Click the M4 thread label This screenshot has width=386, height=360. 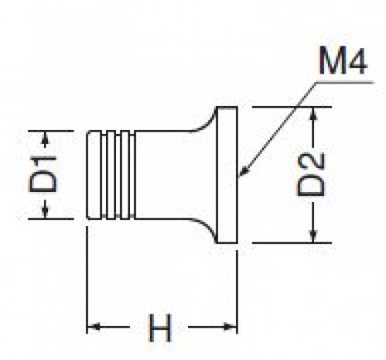pos(343,61)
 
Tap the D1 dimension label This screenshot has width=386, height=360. pos(43,174)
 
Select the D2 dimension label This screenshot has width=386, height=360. pos(311,174)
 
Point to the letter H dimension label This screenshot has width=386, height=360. pos(160,327)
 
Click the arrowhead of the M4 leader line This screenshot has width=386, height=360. pos(244,171)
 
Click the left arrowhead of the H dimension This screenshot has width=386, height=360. pos(94,327)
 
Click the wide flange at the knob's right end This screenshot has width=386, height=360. pos(227,175)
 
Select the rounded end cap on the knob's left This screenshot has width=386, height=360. pos(94,175)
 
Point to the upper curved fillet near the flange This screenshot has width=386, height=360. pos(205,122)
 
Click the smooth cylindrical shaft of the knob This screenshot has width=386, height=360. pos(176,175)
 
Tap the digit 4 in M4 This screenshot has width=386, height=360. pos(357,61)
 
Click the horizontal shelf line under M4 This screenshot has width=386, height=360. pos(344,83)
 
